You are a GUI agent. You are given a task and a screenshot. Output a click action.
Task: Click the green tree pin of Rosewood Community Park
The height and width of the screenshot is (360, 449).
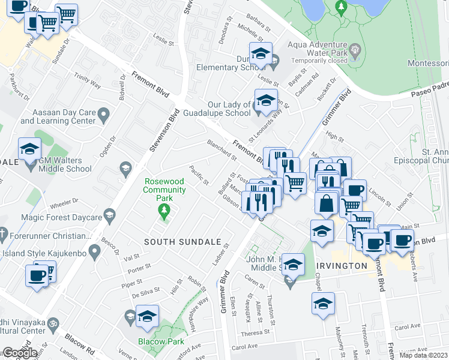coord(162,210)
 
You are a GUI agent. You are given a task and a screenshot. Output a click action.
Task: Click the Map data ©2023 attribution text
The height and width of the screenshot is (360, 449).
coord(423,355)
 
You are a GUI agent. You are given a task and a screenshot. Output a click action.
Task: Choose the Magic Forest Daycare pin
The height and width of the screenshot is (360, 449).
coord(109,215)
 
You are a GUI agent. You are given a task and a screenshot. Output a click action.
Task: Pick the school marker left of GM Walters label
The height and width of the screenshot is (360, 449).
coord(29,149)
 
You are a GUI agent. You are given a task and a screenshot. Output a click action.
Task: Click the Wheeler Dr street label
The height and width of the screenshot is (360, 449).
coord(64,202)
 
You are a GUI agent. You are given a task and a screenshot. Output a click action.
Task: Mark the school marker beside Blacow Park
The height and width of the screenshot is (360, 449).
coord(147,317)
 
